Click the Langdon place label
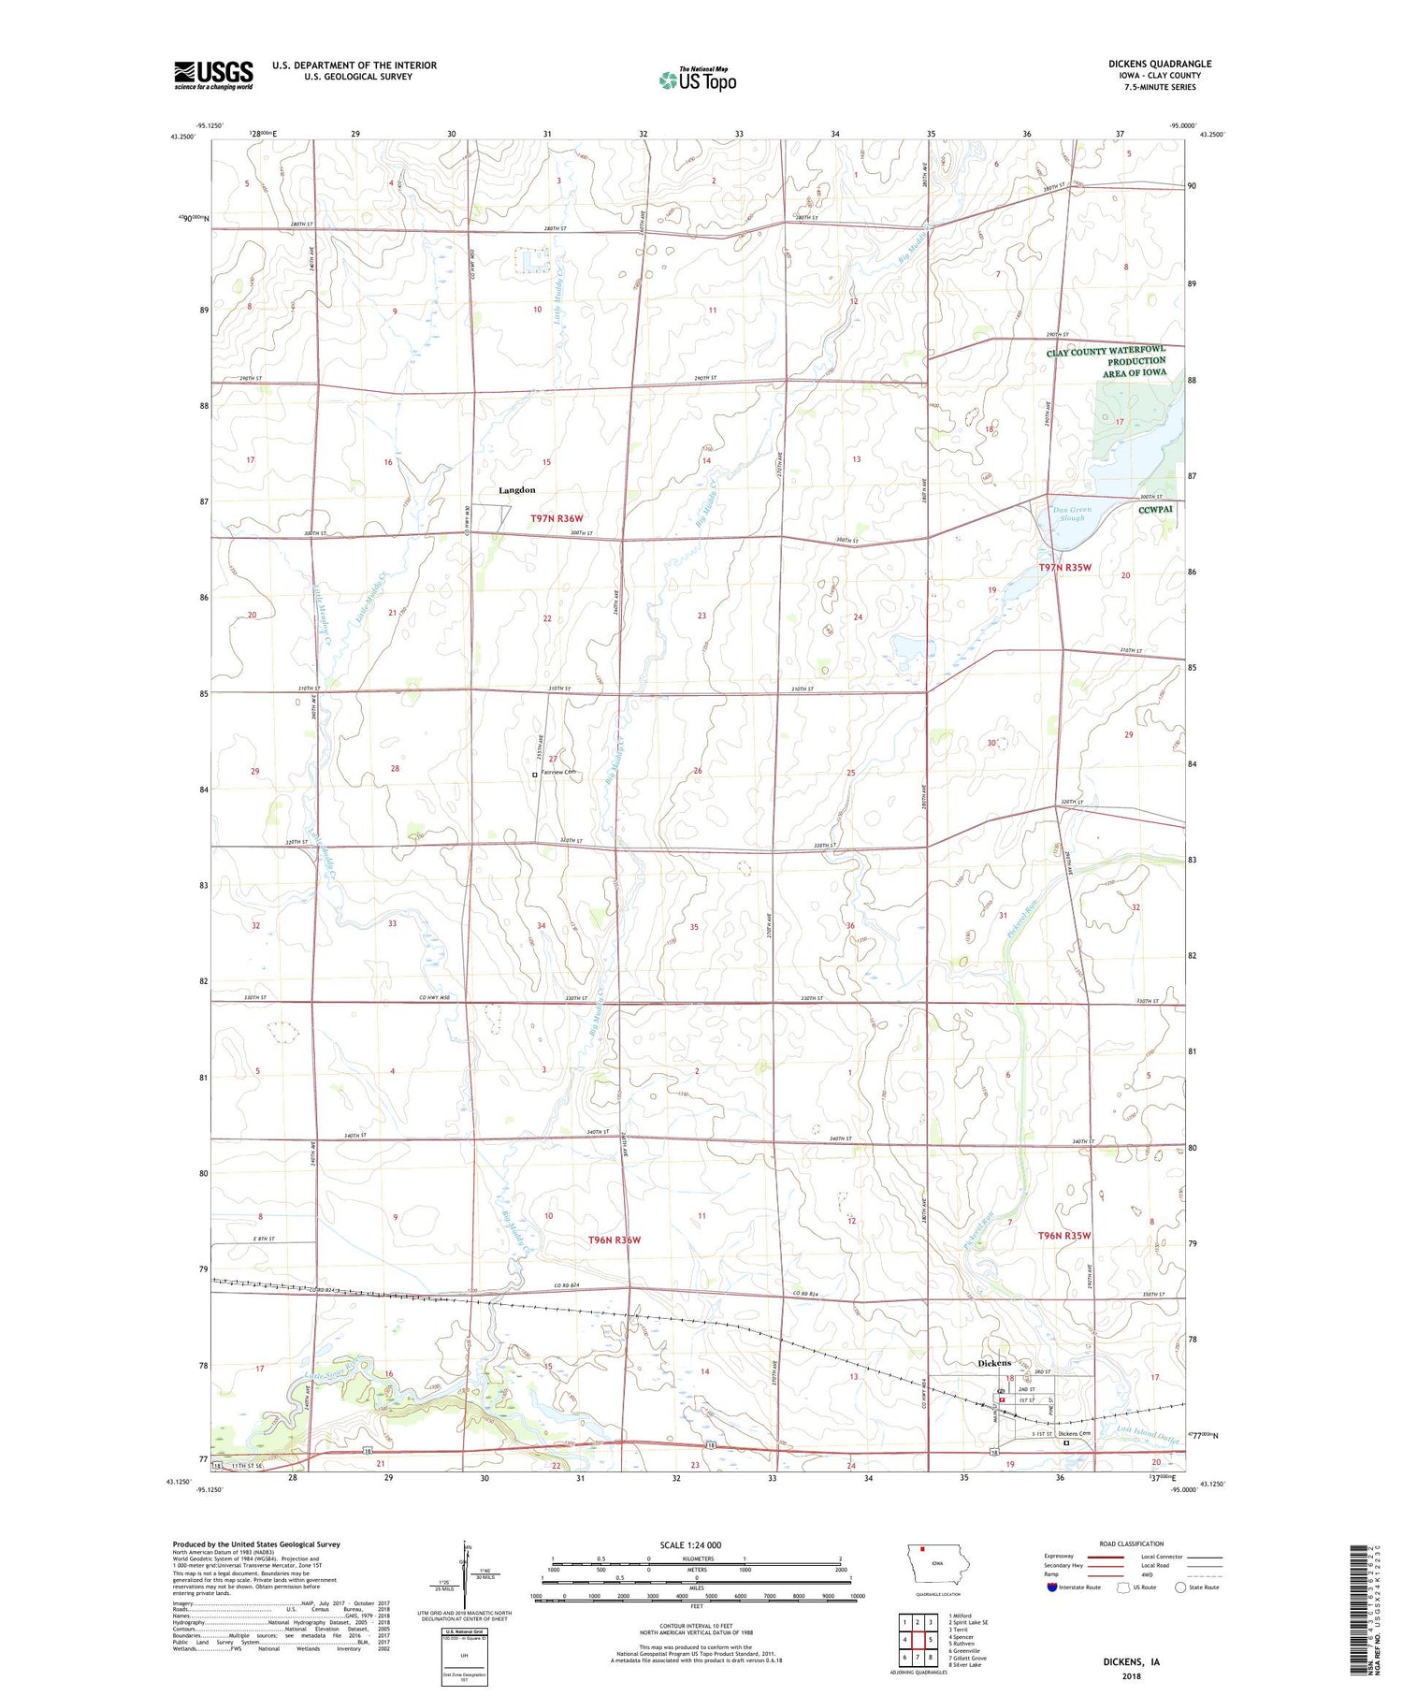click(516, 490)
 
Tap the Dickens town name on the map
click(994, 1363)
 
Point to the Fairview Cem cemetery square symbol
click(535, 775)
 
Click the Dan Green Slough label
click(1072, 514)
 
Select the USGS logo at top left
click(213, 75)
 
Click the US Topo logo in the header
click(698, 80)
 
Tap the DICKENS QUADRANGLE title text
click(1159, 64)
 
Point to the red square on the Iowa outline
click(921, 1546)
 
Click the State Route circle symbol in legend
click(1180, 1587)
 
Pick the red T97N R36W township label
click(557, 518)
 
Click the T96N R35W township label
click(1064, 1236)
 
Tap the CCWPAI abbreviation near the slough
click(1155, 511)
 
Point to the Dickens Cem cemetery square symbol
click(1066, 1443)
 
